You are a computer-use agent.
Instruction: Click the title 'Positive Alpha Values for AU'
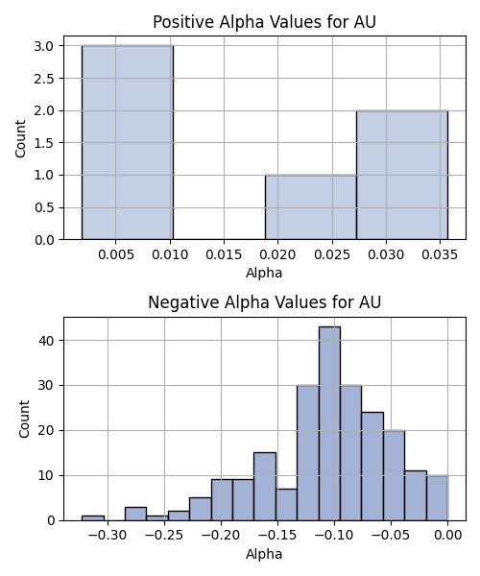(264, 22)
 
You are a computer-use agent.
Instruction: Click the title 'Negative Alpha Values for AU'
(264, 302)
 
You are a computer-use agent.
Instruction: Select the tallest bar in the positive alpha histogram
(128, 142)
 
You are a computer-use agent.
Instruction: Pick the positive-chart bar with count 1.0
(311, 207)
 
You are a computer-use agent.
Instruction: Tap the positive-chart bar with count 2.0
(402, 175)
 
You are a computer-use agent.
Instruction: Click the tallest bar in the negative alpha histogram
(330, 423)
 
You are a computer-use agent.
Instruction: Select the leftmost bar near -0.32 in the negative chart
(93, 518)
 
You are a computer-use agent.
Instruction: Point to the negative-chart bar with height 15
(265, 487)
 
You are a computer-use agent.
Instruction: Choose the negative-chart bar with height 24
(372, 467)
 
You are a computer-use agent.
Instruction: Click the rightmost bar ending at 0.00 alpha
(438, 498)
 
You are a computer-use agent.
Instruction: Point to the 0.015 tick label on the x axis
(224, 254)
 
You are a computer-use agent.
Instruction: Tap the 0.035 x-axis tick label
(440, 254)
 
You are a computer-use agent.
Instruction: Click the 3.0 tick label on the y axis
(44, 46)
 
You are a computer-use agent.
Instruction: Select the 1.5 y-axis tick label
(44, 143)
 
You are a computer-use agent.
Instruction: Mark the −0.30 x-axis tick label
(108, 536)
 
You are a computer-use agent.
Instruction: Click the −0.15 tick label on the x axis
(277, 536)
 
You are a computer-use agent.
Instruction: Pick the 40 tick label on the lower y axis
(46, 341)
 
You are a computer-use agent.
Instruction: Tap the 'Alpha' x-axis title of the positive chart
(264, 273)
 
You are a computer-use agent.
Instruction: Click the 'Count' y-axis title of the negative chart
(24, 419)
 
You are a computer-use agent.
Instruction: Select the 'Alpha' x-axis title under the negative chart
(264, 554)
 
